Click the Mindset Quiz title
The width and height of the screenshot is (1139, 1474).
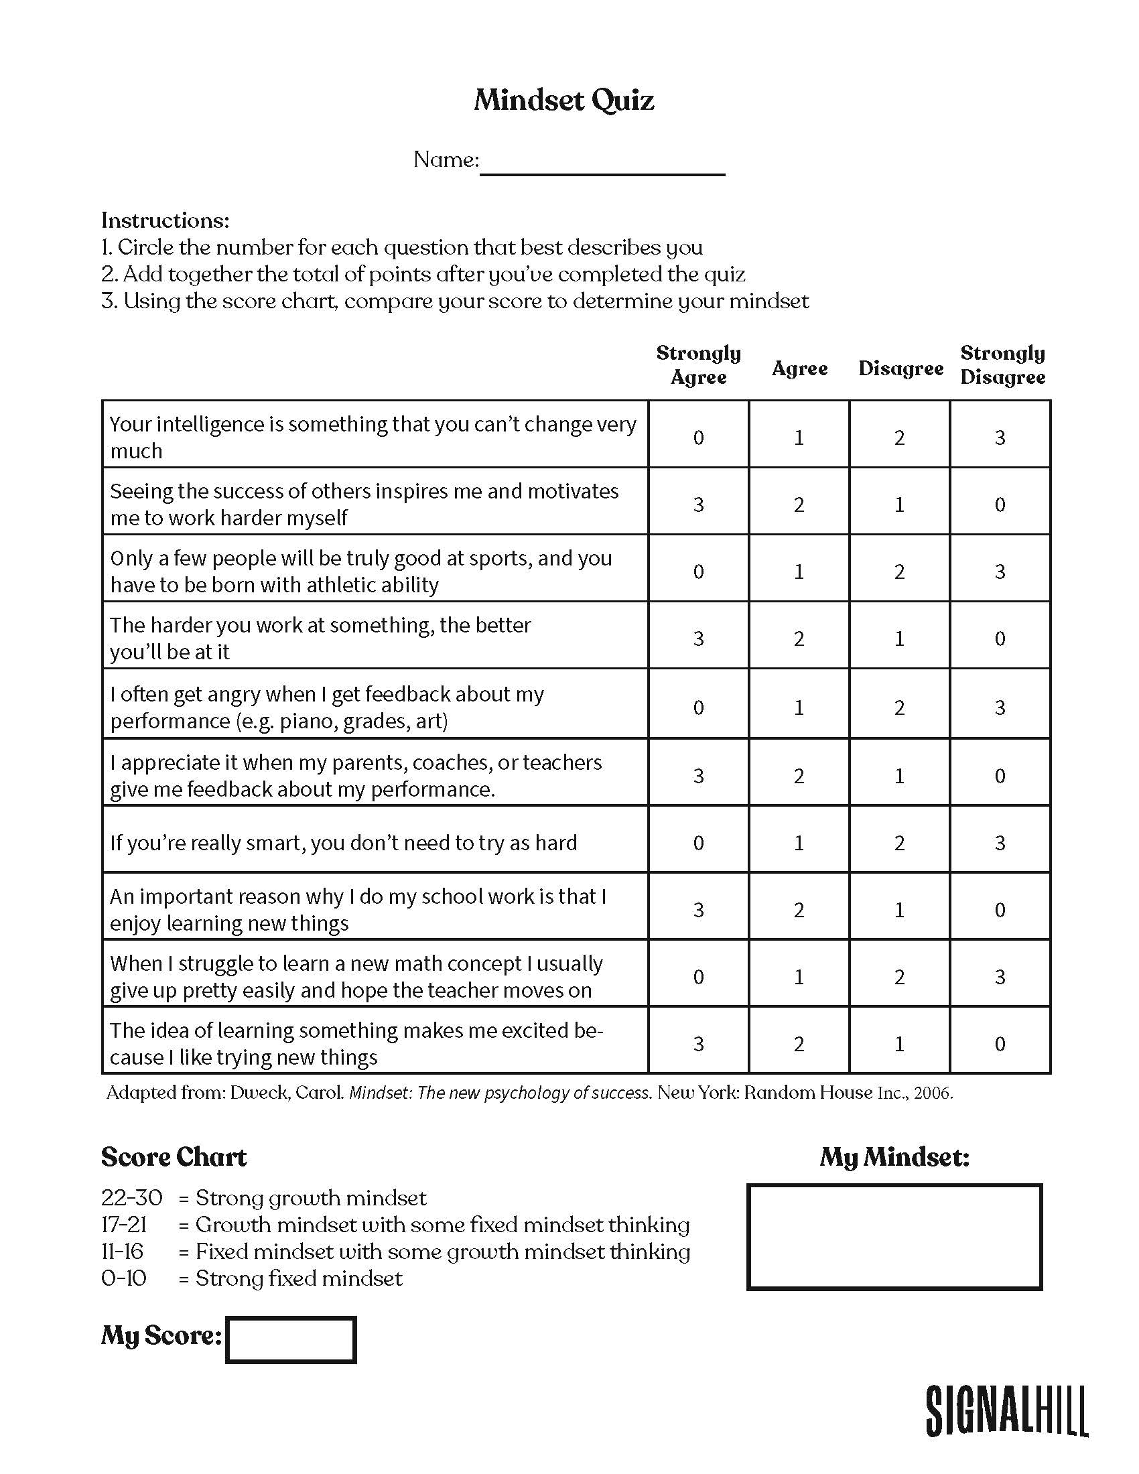click(563, 100)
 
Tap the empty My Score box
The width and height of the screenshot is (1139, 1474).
click(291, 1340)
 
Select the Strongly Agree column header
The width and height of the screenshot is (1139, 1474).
click(698, 365)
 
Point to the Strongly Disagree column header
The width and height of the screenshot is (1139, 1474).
click(1002, 365)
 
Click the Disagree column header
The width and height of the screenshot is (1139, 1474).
click(900, 368)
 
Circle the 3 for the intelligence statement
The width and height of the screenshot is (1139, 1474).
click(1000, 438)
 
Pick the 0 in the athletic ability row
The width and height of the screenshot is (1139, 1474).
click(698, 572)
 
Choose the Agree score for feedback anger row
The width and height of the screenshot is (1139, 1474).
click(799, 708)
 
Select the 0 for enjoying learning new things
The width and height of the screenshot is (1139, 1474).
click(1000, 910)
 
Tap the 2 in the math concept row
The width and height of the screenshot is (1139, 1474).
click(899, 977)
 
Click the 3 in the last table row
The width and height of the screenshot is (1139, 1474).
click(698, 1044)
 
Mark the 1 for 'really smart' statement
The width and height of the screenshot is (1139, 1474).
click(799, 843)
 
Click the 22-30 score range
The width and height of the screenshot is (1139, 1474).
click(131, 1198)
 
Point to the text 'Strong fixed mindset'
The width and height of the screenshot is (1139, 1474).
click(299, 1278)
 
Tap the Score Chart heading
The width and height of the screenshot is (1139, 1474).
click(174, 1157)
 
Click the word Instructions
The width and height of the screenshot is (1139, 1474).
click(165, 220)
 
